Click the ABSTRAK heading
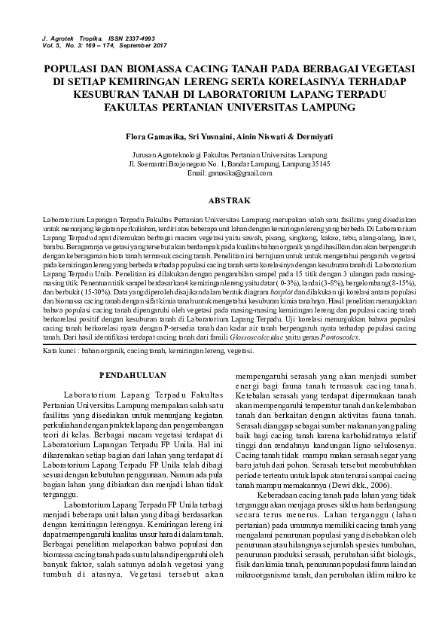point(224,201)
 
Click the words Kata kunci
point(59,331)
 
